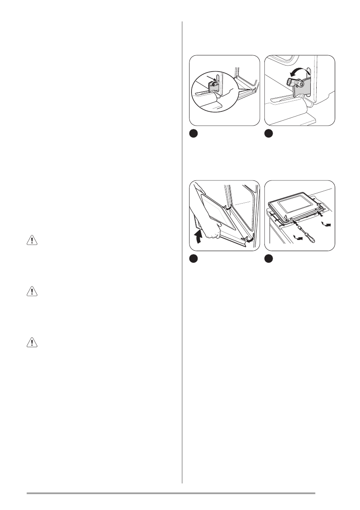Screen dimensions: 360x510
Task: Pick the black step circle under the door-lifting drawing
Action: pos(194,259)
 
